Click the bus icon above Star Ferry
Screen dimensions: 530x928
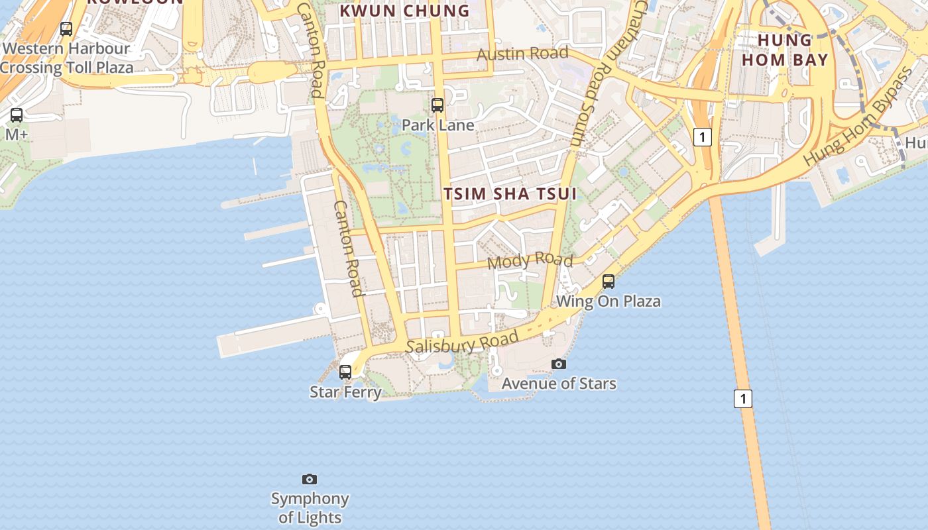click(345, 372)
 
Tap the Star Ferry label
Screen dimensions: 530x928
click(345, 392)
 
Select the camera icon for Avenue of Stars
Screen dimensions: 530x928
click(559, 364)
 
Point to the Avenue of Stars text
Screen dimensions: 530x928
click(559, 384)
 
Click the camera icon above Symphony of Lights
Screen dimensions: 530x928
click(310, 479)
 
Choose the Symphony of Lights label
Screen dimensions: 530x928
click(310, 508)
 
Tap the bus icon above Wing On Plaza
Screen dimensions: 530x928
click(609, 282)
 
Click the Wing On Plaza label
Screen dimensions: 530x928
click(609, 301)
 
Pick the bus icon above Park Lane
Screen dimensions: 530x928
click(437, 105)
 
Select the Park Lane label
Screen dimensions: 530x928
click(437, 125)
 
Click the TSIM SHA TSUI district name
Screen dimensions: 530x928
click(510, 193)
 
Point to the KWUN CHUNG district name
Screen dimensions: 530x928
click(404, 11)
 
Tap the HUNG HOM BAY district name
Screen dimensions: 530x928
click(785, 50)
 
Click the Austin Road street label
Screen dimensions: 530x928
click(522, 53)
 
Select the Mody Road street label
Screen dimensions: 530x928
click(530, 260)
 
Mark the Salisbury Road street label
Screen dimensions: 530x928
click(462, 343)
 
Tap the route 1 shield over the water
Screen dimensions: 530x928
click(743, 399)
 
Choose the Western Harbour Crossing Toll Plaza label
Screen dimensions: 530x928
click(66, 58)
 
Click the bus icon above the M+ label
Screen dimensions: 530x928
click(17, 115)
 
